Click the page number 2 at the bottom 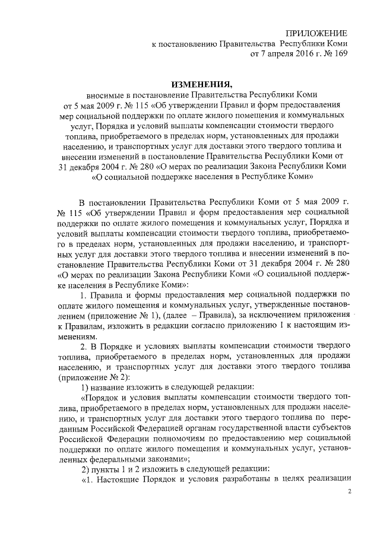(350, 492)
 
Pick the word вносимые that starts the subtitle (105, 95)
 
